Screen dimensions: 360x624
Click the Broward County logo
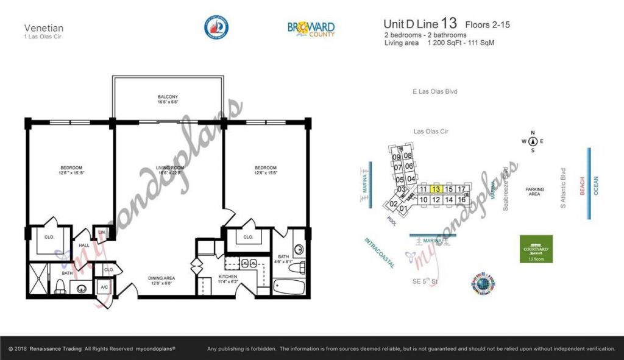pyautogui.click(x=311, y=27)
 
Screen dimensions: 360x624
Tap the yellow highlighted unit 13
pyautogui.click(x=436, y=189)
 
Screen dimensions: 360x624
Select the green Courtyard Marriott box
pyautogui.click(x=536, y=249)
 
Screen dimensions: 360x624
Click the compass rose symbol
pyautogui.click(x=532, y=141)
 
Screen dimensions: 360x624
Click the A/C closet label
pyautogui.click(x=104, y=286)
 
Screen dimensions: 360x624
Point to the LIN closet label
pyautogui.click(x=101, y=233)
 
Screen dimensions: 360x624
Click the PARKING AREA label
pyautogui.click(x=534, y=192)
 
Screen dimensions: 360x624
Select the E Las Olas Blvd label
pyautogui.click(x=434, y=92)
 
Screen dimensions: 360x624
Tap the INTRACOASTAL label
pyautogui.click(x=379, y=252)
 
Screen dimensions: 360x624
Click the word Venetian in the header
pyautogui.click(x=44, y=27)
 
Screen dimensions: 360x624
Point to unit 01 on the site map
pyautogui.click(x=403, y=209)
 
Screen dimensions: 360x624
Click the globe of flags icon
pyautogui.click(x=483, y=283)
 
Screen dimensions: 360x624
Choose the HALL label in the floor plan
pyautogui.click(x=84, y=245)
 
